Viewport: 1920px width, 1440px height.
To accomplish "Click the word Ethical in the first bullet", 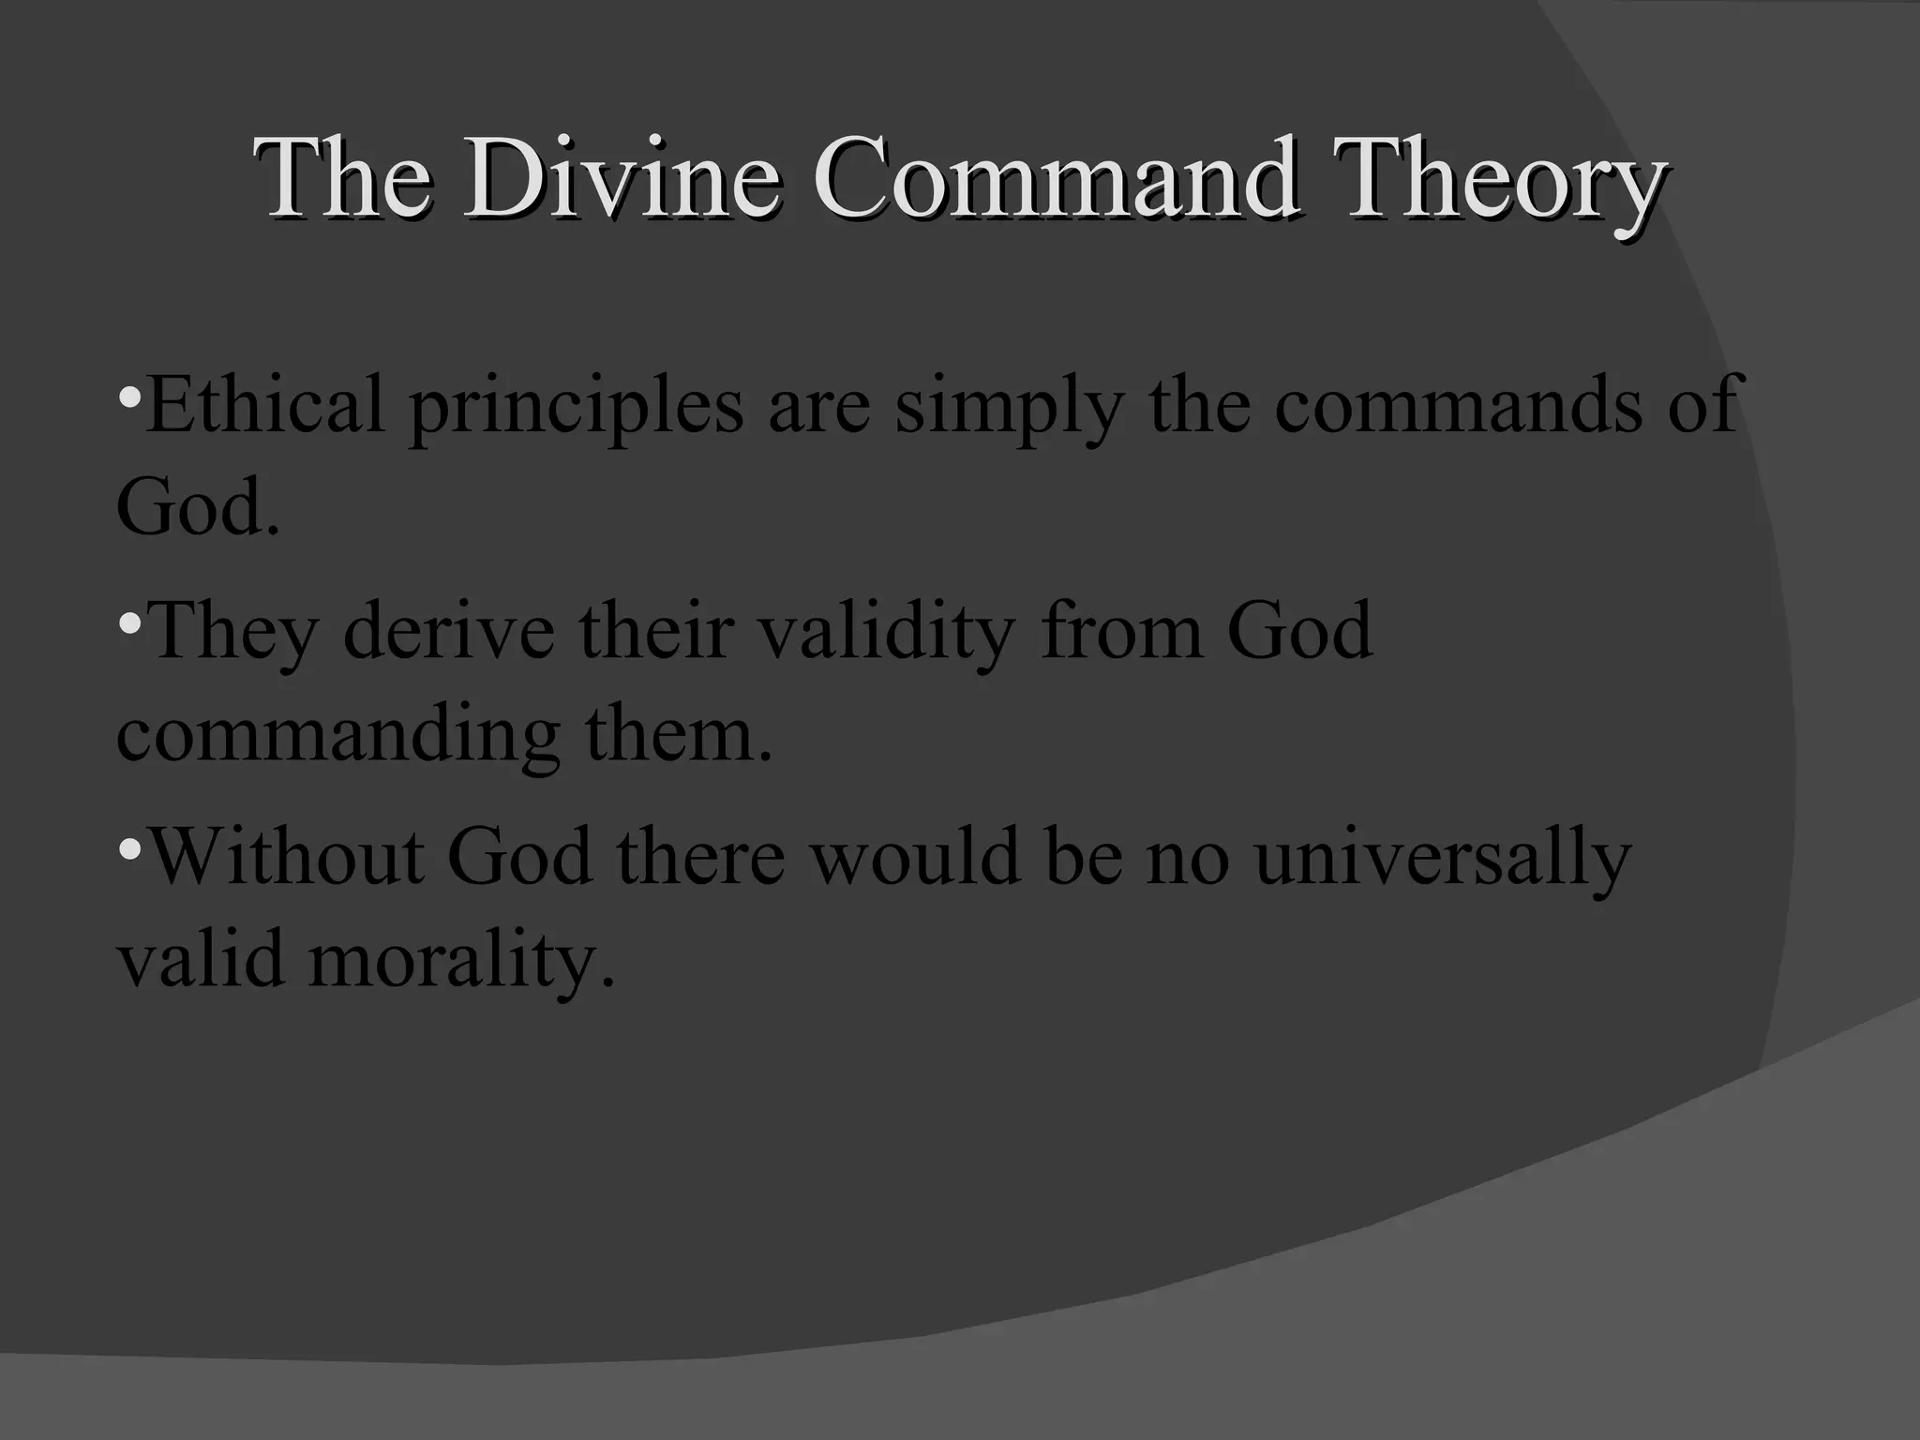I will (x=265, y=404).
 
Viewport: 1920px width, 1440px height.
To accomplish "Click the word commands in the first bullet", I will (x=1458, y=404).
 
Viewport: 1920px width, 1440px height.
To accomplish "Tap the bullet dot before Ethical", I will (x=130, y=394).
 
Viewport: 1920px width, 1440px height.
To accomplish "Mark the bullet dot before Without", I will (x=130, y=848).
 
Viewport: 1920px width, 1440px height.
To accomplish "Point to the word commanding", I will (x=337, y=734).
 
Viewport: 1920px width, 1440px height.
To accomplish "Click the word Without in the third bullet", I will (x=286, y=857).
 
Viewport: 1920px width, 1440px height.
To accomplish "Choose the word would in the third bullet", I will (x=914, y=857).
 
